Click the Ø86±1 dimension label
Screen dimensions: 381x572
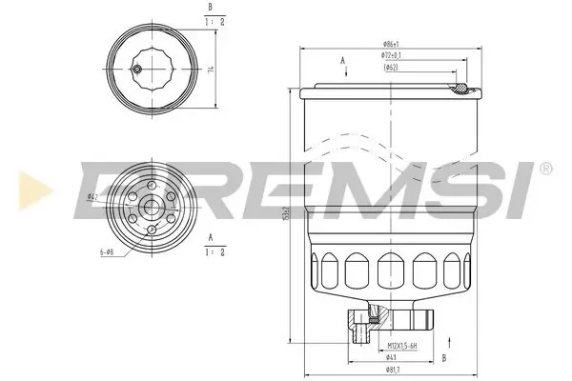tap(390, 45)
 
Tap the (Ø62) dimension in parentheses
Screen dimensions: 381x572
tap(390, 69)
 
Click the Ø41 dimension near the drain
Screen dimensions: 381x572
tap(392, 358)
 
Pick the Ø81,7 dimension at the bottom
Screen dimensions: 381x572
tap(391, 370)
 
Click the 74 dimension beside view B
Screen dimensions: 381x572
tap(209, 69)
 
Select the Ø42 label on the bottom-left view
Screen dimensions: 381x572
tap(92, 197)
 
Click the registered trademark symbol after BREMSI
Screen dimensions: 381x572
tap(545, 168)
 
